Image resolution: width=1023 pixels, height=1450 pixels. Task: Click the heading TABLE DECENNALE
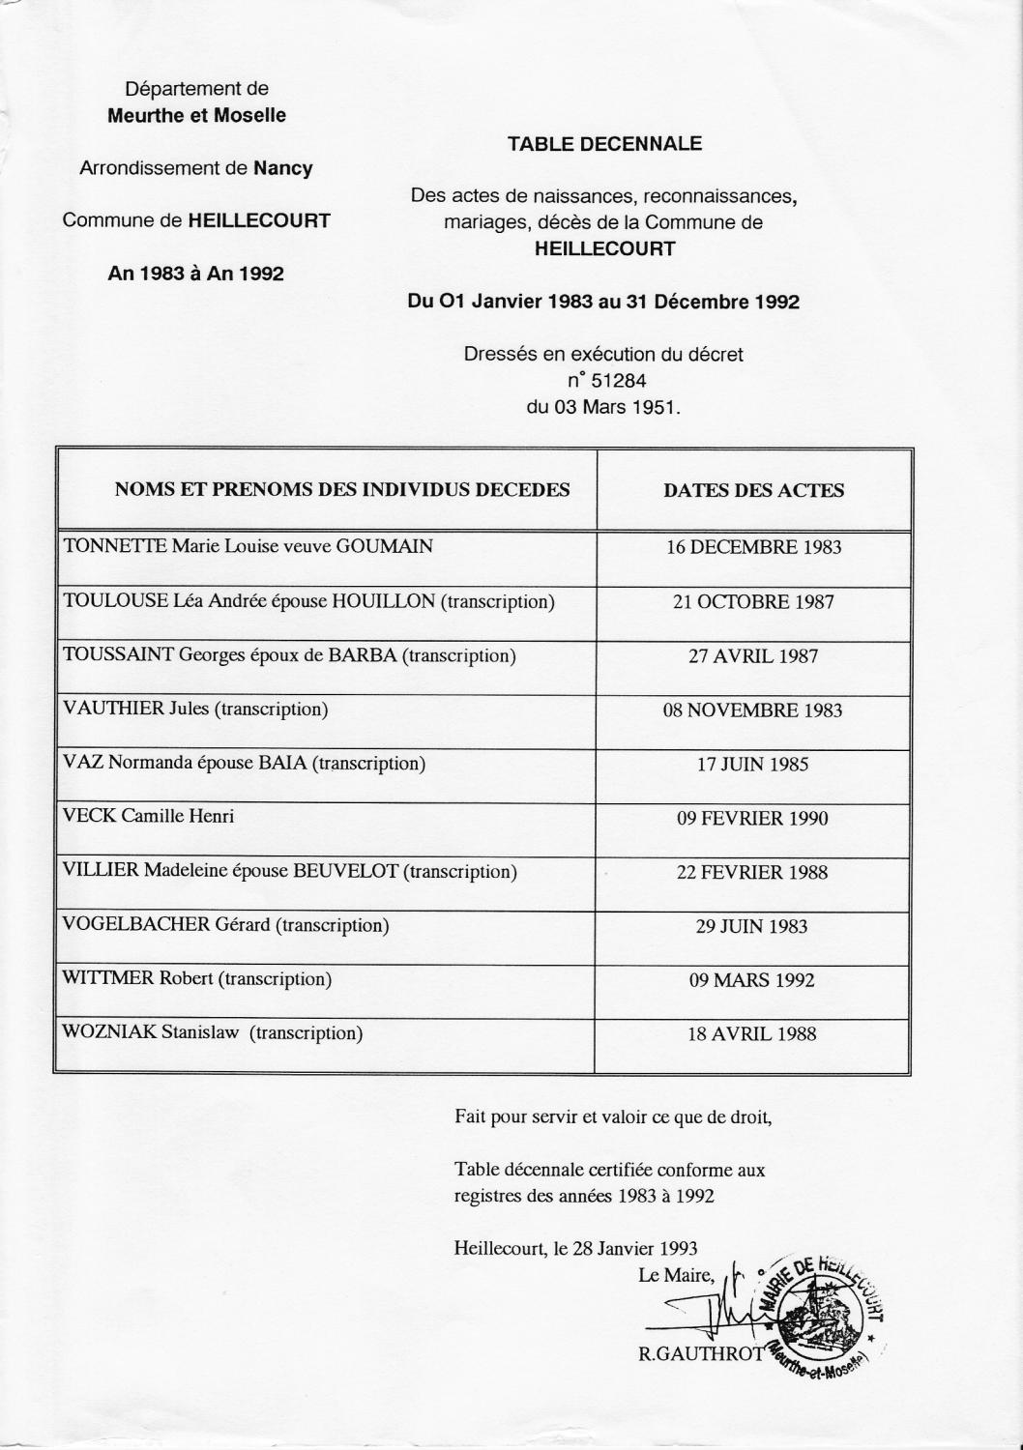coord(604,144)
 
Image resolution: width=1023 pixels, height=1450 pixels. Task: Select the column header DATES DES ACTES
coord(753,490)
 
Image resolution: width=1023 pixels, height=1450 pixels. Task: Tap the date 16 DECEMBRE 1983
coord(753,547)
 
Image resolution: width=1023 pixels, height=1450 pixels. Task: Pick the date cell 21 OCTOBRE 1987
coord(753,602)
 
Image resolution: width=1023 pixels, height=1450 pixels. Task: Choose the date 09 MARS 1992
coord(751,980)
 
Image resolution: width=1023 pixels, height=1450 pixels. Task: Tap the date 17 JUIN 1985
coord(752,765)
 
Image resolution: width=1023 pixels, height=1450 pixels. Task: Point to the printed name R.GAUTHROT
coord(701,1354)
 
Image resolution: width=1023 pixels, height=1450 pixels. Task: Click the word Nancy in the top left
coord(282,168)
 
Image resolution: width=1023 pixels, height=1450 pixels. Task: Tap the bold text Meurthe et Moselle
coord(196,116)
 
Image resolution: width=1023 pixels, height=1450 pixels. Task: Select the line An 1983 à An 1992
coord(196,274)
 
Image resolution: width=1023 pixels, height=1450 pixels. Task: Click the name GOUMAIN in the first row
coord(384,546)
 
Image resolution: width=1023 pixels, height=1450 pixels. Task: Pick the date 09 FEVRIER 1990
coord(752,819)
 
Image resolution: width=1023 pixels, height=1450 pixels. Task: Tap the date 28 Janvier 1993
coord(635,1248)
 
